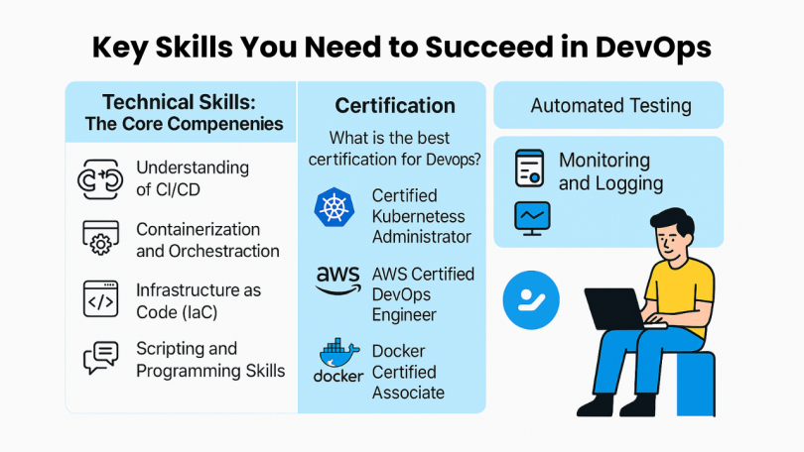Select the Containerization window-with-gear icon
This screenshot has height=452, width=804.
pyautogui.click(x=98, y=237)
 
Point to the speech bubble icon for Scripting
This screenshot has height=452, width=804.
pyautogui.click(x=100, y=358)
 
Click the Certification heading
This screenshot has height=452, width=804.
pyautogui.click(x=395, y=106)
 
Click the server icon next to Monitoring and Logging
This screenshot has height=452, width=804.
pyautogui.click(x=530, y=169)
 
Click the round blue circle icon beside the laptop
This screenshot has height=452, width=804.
pyautogui.click(x=533, y=299)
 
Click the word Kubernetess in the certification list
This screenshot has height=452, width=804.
pyautogui.click(x=421, y=216)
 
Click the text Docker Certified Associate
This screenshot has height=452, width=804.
pyautogui.click(x=408, y=372)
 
